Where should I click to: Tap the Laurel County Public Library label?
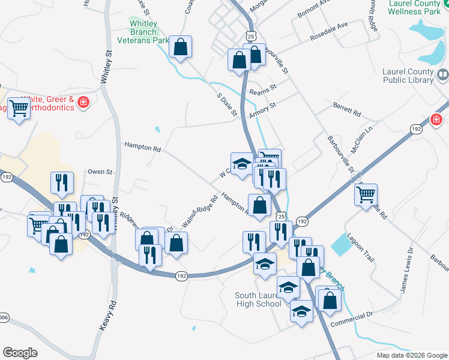[x=408, y=75]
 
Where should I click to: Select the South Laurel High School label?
[x=258, y=299]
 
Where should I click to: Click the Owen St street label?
[x=100, y=172]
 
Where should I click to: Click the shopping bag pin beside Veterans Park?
[x=180, y=46]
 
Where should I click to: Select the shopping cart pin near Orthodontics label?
[x=19, y=109]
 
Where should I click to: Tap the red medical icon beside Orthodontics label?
[x=83, y=103]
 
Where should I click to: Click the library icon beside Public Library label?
[x=443, y=75]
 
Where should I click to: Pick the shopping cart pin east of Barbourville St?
[x=366, y=194]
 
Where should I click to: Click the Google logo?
[x=20, y=353]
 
